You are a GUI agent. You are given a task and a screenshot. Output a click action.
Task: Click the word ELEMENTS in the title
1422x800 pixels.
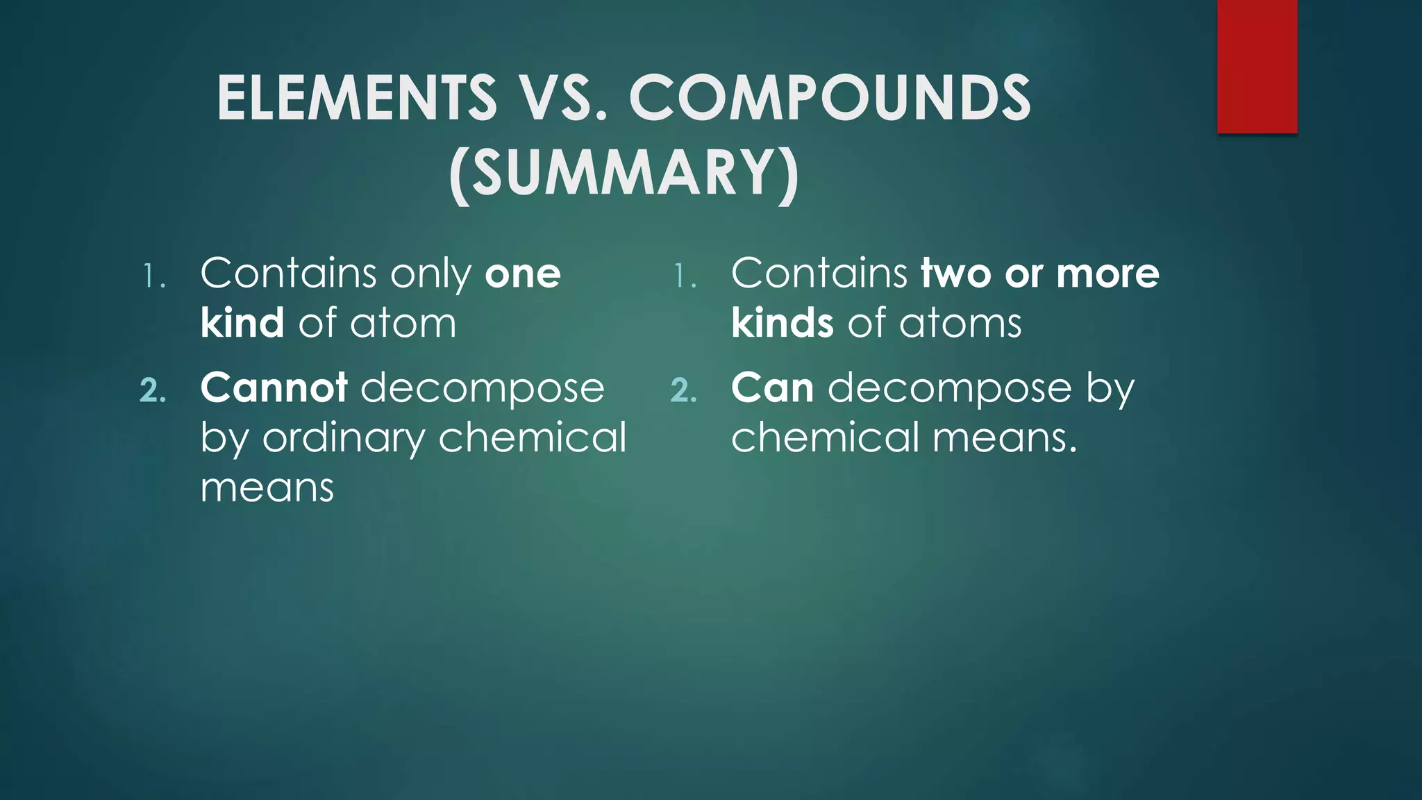point(356,99)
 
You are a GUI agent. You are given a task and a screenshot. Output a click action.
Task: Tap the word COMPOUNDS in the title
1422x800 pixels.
point(829,99)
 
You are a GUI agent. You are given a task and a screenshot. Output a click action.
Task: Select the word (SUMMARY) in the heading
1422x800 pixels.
point(624,174)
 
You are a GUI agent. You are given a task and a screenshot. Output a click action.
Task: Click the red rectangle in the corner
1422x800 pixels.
point(1257,66)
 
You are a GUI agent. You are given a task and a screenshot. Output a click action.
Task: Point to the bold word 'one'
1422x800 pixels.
point(522,274)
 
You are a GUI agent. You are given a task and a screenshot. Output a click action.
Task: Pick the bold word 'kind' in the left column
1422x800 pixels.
point(242,323)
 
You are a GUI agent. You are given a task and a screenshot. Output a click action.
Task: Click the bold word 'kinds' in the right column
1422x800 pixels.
point(782,323)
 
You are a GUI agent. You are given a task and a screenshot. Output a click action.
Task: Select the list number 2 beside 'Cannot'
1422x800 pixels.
point(152,390)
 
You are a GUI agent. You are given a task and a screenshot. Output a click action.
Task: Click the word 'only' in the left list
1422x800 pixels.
point(430,275)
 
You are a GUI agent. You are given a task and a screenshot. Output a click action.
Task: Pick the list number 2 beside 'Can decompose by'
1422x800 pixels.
point(683,390)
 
